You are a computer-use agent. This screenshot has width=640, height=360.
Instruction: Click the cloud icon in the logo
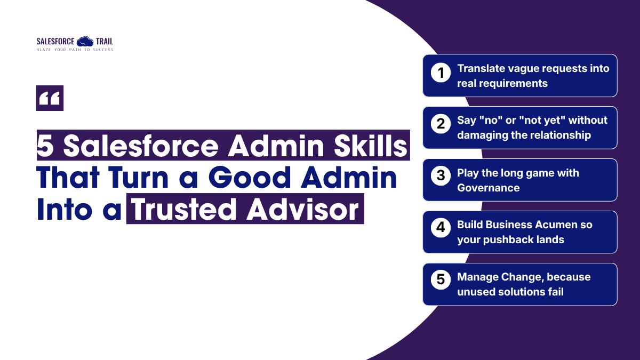tap(85, 42)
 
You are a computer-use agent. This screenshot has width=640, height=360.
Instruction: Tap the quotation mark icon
tap(50, 98)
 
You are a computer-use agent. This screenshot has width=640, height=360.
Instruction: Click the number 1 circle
tap(441, 73)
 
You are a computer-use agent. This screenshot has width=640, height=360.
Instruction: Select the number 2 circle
tap(441, 124)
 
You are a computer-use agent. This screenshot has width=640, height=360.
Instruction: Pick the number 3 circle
tap(441, 175)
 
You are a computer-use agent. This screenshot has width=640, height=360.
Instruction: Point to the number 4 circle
tap(441, 228)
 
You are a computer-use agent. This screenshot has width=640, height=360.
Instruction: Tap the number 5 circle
tap(441, 279)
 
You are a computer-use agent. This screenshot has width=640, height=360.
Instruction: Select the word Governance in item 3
tap(489, 188)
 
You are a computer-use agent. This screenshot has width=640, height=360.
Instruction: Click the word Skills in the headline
tap(370, 146)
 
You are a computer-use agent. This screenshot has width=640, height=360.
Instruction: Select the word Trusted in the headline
tap(183, 210)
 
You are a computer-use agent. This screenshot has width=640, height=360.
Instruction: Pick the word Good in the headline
tap(250, 178)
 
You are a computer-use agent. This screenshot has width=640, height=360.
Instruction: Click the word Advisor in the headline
tap(302, 210)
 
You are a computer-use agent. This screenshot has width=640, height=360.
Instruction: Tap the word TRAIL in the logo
tap(105, 42)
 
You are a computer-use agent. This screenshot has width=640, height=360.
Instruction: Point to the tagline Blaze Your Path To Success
tap(75, 50)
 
